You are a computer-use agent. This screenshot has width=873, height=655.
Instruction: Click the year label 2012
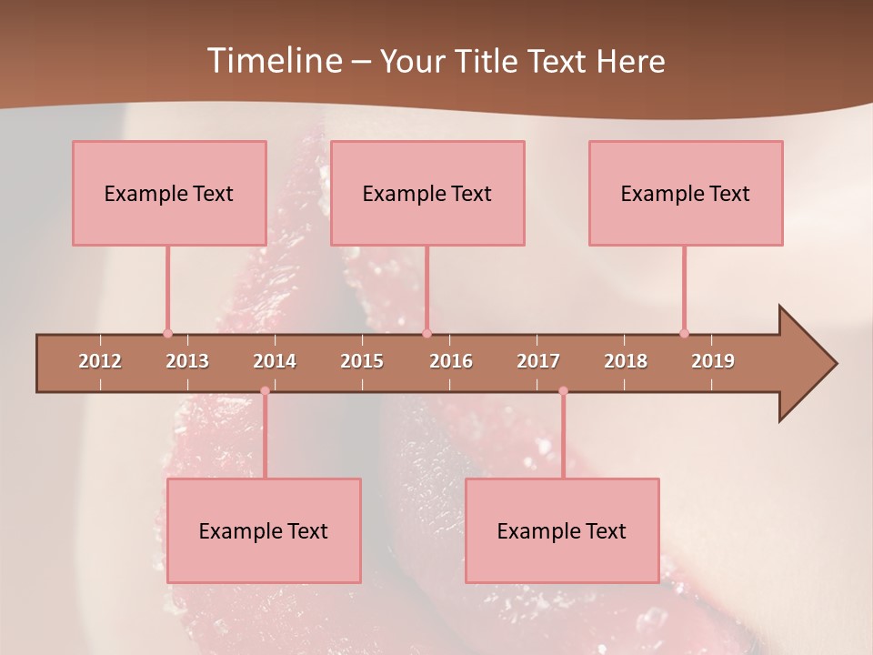coord(100,361)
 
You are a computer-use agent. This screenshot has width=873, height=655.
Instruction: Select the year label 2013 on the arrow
coord(187,361)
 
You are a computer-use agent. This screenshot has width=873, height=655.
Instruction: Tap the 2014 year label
coord(275,361)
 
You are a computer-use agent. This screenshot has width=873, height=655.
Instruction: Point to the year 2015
coord(362,361)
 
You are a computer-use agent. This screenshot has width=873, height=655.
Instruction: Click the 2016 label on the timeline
coord(451,361)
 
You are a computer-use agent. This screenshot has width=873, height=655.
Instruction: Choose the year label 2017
coord(538,361)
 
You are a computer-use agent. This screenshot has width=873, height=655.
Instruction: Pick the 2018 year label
coord(626,361)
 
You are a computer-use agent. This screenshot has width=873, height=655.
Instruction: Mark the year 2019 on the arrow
coord(713,361)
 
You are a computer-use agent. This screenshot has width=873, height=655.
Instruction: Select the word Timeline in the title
coord(273,61)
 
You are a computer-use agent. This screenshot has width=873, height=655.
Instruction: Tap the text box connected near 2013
coord(169,193)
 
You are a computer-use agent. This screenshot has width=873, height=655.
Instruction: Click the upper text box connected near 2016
coord(427,193)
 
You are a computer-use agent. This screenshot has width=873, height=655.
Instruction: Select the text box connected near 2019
coord(686,193)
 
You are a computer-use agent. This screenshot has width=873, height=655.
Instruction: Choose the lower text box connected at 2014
coord(264,530)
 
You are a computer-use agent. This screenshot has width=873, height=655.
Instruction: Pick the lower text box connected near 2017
coord(562,530)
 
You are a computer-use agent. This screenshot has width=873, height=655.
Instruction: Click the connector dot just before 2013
coord(167,333)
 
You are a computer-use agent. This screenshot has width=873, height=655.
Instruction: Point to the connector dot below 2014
coord(265,391)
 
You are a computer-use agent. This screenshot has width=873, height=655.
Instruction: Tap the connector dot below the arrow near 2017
coord(563,391)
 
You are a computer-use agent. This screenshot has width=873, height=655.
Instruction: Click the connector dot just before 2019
coord(684,333)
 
